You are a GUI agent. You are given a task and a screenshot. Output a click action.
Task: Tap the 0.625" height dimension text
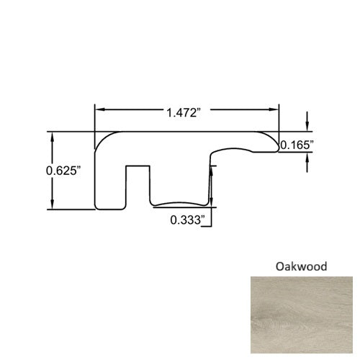coord(63,171)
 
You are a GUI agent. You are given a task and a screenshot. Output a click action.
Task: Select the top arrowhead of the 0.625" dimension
coord(53,137)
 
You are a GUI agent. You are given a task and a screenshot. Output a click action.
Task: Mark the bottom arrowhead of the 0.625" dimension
coord(53,204)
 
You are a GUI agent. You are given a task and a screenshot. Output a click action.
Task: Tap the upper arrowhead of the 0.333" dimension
coord(211,168)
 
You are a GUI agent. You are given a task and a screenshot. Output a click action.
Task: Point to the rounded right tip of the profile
coord(276,143)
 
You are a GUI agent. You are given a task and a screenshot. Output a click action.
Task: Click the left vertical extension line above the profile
coord(95,119)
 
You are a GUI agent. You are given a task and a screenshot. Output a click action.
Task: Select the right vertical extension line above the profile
coord(279,119)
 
